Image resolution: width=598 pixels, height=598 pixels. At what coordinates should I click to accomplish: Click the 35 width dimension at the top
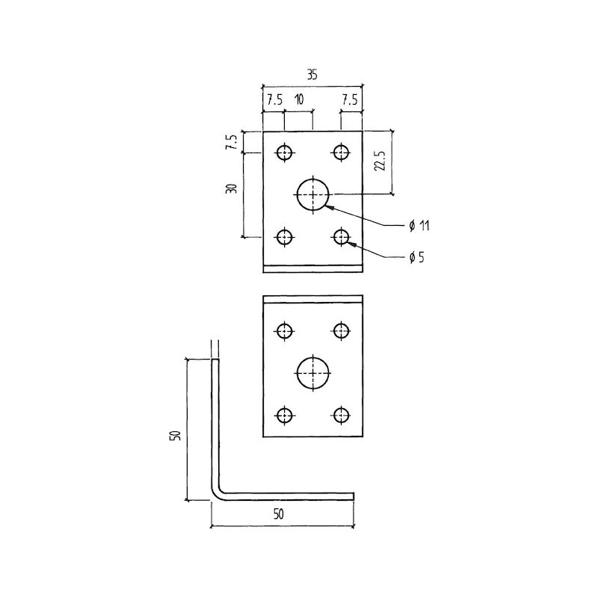pos(312,75)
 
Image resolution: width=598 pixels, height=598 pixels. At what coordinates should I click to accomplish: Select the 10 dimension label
pos(299,99)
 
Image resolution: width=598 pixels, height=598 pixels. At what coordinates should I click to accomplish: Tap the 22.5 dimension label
pos(380,161)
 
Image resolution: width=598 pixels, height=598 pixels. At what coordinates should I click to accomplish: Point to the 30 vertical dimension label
pos(232,188)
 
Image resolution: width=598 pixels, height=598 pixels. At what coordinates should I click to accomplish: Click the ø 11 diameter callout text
pos(419,226)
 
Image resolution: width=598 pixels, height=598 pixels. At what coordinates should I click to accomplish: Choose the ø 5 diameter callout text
pos(416,257)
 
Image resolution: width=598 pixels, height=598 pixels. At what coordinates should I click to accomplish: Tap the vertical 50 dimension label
pos(175,435)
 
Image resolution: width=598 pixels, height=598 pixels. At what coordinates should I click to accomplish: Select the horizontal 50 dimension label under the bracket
pos(278,514)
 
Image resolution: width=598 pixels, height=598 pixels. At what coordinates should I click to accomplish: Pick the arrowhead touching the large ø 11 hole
pos(328,207)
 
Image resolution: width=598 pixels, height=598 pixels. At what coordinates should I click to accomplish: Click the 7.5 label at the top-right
pos(350,100)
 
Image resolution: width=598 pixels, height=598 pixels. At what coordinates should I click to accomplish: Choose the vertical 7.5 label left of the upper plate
pos(232,142)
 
